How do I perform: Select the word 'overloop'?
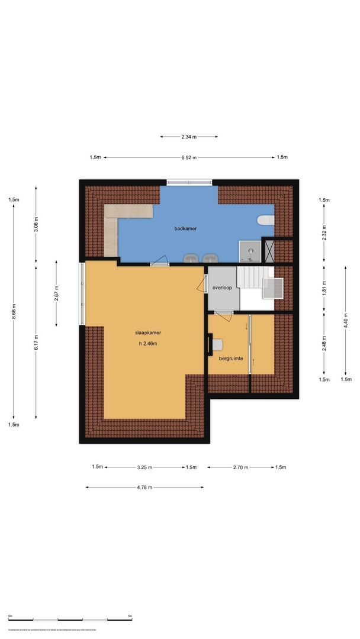(221, 288)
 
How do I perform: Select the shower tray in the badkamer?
(249, 251)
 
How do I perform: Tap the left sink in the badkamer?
(191, 258)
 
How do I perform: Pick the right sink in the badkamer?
(210, 258)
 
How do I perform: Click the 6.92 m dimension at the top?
(189, 157)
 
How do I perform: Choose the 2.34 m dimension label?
(189, 137)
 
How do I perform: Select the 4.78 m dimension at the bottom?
(145, 488)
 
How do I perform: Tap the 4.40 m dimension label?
(346, 324)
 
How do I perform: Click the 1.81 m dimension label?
(324, 288)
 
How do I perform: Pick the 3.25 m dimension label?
(145, 467)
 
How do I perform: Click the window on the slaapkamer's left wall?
(82, 293)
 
